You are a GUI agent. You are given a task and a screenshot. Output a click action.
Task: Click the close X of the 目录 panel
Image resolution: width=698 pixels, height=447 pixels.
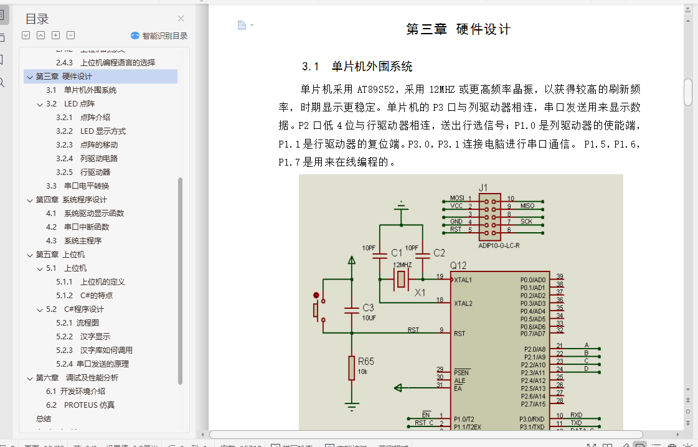[x=181, y=19]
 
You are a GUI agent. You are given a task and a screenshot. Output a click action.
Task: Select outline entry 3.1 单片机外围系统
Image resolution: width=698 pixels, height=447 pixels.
[x=90, y=90]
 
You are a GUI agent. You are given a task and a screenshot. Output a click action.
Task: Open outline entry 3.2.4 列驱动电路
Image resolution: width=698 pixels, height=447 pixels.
[x=99, y=159]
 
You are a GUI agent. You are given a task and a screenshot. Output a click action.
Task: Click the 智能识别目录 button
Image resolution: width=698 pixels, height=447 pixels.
[x=159, y=36]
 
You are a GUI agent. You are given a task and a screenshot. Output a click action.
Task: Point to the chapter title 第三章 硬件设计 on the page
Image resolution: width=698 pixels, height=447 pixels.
[x=458, y=29]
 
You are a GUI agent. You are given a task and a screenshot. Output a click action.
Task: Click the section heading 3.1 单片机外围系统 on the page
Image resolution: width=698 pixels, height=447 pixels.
[x=357, y=67]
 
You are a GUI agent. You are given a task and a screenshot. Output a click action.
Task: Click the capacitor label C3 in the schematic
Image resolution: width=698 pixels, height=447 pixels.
[x=368, y=308]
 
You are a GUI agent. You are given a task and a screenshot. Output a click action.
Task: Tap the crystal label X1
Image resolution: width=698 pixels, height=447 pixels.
[x=420, y=292]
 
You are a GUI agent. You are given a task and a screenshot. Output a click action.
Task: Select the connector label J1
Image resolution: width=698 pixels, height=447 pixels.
[x=483, y=187]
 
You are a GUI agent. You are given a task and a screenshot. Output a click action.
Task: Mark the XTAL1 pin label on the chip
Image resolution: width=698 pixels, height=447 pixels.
[x=463, y=280]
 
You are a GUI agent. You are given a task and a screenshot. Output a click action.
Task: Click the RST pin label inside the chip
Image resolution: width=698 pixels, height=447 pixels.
[x=460, y=334]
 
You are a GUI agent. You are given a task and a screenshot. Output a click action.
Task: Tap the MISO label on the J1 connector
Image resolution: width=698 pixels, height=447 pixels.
[x=527, y=206]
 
